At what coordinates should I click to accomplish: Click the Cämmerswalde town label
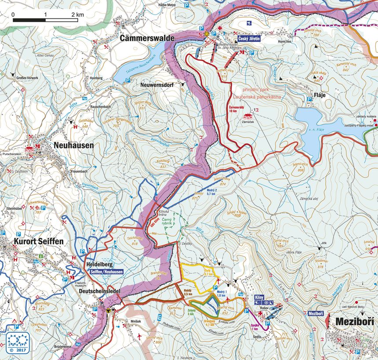pos(147,39)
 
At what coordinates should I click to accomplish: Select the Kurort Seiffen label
pos(39,241)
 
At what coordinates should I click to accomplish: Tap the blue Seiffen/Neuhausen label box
pos(106,272)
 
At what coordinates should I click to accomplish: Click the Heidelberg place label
pos(99,265)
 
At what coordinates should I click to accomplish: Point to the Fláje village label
pos(320,95)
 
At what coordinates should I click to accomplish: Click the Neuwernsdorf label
pos(158,84)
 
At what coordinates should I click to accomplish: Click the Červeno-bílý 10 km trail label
pos(239,109)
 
